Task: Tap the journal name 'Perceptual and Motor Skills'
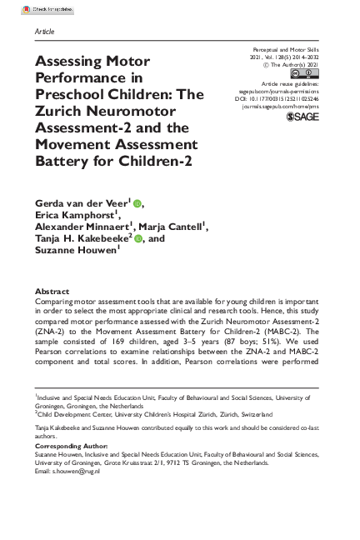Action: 286,50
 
